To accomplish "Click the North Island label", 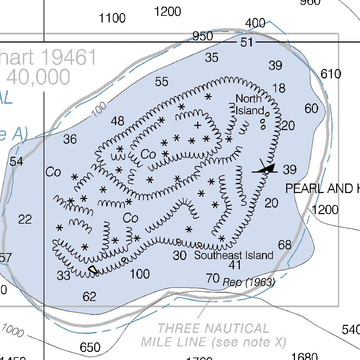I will coord(249,104).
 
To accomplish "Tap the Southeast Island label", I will coord(233,255).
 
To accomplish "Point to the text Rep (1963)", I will coord(249,282).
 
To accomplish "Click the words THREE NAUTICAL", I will coord(213,329).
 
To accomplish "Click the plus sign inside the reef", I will coord(198,125).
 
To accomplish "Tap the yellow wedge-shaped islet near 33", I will coord(93,270).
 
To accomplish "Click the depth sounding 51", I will coord(246,43).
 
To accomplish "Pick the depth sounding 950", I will coord(202,36).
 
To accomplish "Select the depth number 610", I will coord(331,74).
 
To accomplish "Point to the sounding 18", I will coord(279,88).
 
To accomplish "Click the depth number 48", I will coord(117,121).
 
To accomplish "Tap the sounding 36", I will coord(70,140).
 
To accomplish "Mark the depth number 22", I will coord(25,220).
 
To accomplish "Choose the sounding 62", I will coord(89,297).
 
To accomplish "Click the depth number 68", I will coord(285,245).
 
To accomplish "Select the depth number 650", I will coord(90,348).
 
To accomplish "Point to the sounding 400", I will coord(255,24).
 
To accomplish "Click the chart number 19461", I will coord(69,57).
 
